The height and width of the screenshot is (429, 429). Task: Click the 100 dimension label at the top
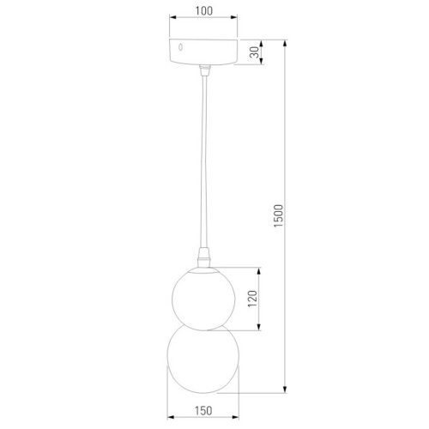coord(202,10)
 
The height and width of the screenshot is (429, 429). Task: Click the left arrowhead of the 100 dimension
coord(171,20)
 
